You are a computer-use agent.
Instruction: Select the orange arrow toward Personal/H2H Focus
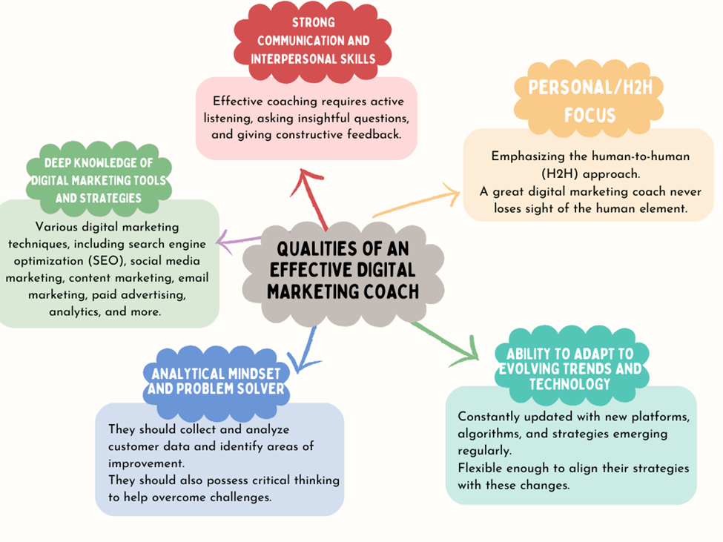(x=415, y=205)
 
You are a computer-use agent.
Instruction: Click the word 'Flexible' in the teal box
(x=482, y=469)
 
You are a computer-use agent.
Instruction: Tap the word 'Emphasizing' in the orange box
(x=526, y=156)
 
